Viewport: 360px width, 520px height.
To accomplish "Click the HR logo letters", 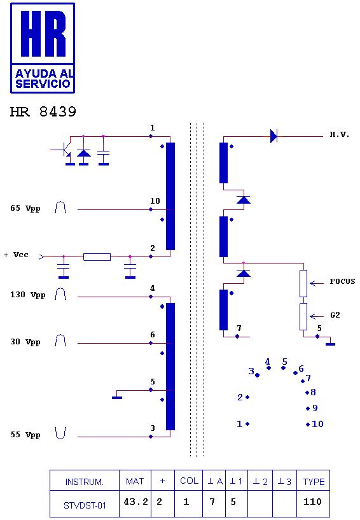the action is [x=43, y=33].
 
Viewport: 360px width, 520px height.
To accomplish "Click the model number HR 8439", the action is [x=43, y=112].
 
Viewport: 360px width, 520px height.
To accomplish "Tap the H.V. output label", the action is [x=340, y=134].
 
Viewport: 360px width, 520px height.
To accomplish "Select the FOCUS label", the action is [x=342, y=281].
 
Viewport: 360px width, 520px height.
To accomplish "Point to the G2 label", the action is [x=335, y=315].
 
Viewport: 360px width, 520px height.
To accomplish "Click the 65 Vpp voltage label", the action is [x=25, y=208].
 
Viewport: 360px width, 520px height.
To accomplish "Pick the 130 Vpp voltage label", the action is [x=27, y=295].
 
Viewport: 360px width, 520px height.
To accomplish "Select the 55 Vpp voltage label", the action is [x=25, y=435].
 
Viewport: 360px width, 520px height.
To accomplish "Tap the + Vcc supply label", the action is [x=16, y=255].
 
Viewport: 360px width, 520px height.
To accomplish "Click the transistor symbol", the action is [x=66, y=150].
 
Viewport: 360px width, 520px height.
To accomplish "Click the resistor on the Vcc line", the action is [x=97, y=256].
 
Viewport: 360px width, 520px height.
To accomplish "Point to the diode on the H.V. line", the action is [x=273, y=136].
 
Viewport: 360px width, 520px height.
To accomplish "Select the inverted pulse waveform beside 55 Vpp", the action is [x=60, y=433].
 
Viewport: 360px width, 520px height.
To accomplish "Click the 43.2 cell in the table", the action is [x=135, y=502].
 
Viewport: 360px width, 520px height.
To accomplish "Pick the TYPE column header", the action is [x=314, y=482].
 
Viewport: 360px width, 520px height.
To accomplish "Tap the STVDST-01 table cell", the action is [x=85, y=505].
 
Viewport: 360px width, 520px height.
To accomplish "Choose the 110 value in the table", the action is [x=312, y=502].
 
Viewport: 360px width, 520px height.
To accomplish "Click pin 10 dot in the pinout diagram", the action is [x=308, y=424].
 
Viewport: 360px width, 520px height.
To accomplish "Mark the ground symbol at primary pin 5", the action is [x=117, y=397].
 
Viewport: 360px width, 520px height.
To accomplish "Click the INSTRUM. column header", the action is [x=84, y=482].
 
